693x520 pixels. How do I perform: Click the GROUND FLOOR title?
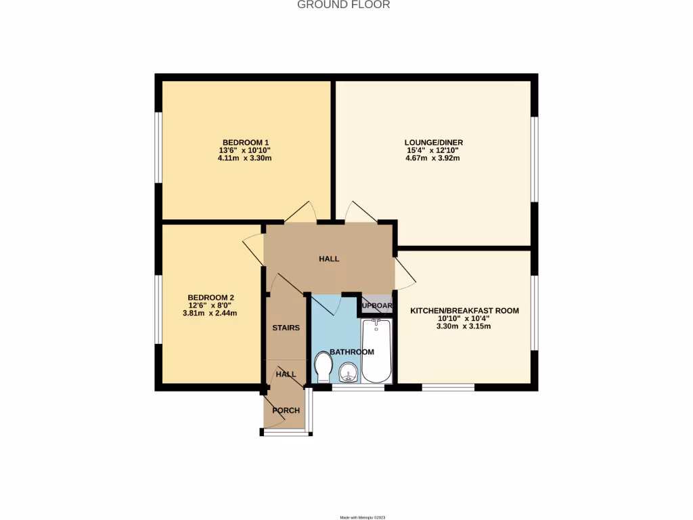[x=344, y=5]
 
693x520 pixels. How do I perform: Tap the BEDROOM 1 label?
[x=242, y=142]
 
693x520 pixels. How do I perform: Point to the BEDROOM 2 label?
[x=210, y=297]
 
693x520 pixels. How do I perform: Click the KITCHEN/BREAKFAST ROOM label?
[x=464, y=311]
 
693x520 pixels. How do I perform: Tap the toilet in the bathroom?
[x=323, y=369]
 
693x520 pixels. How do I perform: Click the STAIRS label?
[x=286, y=328]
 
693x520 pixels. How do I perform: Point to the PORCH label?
[x=286, y=410]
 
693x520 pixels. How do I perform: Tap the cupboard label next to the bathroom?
[x=376, y=305]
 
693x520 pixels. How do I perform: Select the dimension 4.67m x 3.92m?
[x=432, y=158]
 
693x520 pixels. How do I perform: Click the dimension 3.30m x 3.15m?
[x=464, y=326]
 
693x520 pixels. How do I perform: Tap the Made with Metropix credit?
[x=363, y=517]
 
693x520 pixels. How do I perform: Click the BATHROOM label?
[x=352, y=352]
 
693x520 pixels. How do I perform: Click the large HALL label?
[x=329, y=259]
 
